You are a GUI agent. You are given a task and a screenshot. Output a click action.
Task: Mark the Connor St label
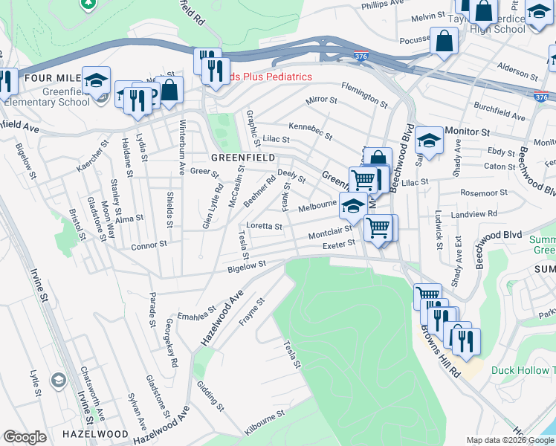pos(149,245)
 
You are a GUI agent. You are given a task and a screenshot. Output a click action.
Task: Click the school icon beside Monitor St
pos(429,139)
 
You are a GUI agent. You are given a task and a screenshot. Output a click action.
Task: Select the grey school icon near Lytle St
pos(57,381)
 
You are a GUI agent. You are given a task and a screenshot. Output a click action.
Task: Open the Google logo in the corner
pos(25,437)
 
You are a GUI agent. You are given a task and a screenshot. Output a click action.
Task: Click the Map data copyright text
pos(510,440)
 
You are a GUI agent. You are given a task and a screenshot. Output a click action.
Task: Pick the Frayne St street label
pos(252,313)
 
